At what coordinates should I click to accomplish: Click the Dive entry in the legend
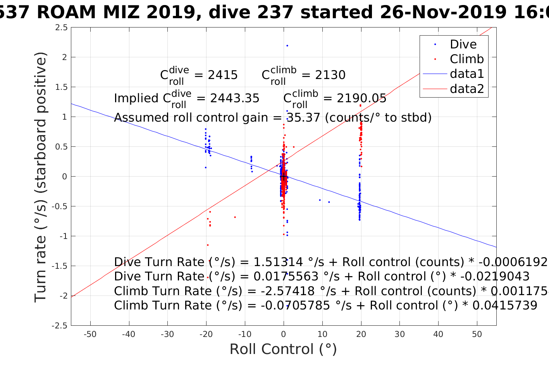click(463, 44)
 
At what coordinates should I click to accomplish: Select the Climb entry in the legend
click(466, 59)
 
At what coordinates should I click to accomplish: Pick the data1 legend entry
click(466, 74)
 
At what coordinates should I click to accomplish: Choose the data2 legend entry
click(466, 89)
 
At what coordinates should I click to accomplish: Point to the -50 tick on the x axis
click(90, 334)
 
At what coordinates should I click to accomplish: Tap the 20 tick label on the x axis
click(361, 334)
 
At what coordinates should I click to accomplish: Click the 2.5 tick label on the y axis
click(61, 27)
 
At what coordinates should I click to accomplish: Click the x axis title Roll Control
click(283, 349)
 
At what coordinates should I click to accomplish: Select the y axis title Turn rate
click(41, 177)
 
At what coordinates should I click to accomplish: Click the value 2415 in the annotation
click(223, 75)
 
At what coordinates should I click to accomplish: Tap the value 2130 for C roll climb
click(330, 75)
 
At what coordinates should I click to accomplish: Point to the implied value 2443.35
click(235, 98)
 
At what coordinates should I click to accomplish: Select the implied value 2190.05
click(361, 98)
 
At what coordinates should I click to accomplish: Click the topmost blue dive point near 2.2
click(287, 46)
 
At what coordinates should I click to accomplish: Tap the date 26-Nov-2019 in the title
click(442, 12)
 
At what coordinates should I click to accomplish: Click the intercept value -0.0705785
click(295, 306)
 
